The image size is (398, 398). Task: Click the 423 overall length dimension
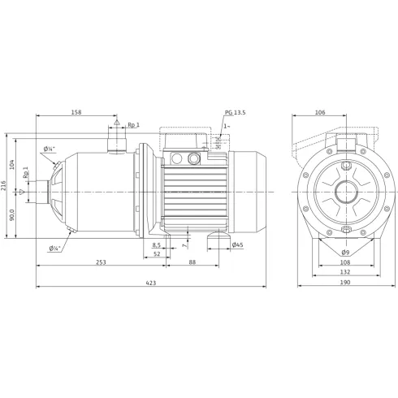click(151, 283)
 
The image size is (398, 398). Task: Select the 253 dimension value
click(101, 262)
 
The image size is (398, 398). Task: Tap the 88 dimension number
click(192, 262)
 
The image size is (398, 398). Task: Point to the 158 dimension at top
click(76, 112)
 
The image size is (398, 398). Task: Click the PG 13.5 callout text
click(236, 113)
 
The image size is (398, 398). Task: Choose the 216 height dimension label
click(4, 185)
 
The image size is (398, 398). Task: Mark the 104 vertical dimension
click(12, 165)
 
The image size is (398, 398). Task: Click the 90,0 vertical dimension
click(12, 214)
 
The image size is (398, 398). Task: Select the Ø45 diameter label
click(237, 245)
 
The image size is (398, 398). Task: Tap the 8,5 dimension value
click(156, 245)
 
